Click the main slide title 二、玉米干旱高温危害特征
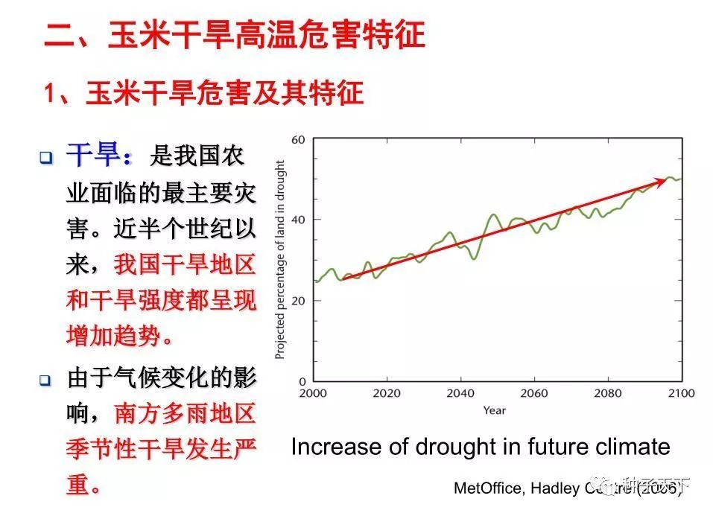point(235,35)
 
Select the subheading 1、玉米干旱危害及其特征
point(203,94)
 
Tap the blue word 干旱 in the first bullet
point(92,157)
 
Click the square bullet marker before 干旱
point(46,158)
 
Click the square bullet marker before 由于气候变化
point(46,380)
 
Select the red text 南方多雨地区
point(185,413)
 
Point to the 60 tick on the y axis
point(298,140)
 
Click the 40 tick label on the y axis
point(298,220)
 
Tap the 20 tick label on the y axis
point(298,300)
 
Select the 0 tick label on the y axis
point(302,380)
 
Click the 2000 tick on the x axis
point(313,393)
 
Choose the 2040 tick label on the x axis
point(460,393)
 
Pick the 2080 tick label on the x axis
point(608,393)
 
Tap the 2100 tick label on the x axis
point(681,393)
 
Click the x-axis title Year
point(494,410)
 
